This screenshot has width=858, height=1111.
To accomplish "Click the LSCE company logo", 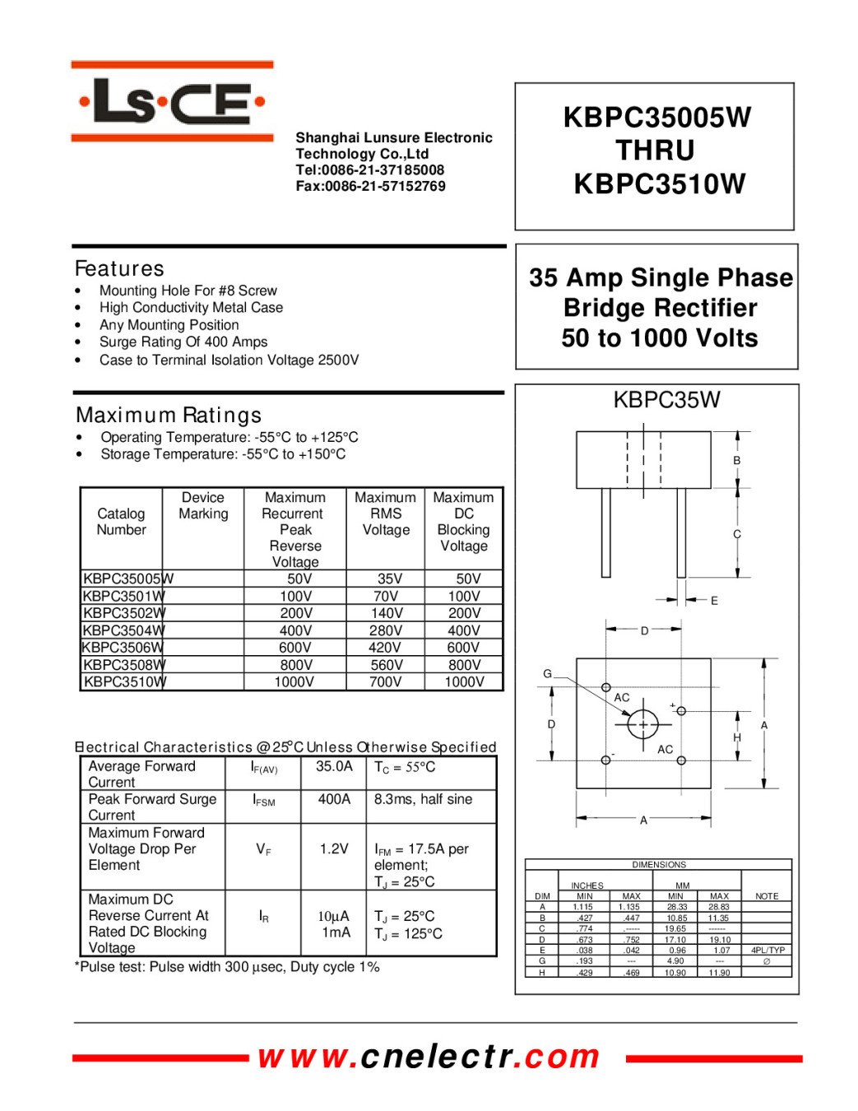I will coord(172,102).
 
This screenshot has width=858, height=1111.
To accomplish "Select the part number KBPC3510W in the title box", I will coord(659,184).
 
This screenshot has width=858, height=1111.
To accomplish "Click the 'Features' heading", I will coord(119,268).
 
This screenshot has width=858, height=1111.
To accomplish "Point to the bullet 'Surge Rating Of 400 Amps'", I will coord(183,342).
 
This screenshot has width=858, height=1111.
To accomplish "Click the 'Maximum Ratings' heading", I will coord(169,415).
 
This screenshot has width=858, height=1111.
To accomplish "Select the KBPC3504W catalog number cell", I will coord(123,630).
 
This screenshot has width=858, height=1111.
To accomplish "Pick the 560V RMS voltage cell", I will coord(385,665).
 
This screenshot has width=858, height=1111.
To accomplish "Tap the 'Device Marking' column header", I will coord(203,505).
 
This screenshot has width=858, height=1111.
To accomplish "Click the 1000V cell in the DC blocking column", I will coord(464,681).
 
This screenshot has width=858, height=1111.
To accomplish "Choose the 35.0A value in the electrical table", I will coord(334,766).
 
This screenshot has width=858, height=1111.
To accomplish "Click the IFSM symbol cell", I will coord(264,800).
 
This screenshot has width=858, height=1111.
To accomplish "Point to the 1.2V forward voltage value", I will coord(334,848).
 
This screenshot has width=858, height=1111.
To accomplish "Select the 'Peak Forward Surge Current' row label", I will coord(152,807).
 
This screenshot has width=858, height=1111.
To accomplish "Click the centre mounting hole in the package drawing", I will coord(642,724).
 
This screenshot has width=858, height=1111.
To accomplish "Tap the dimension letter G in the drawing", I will coord(547,674).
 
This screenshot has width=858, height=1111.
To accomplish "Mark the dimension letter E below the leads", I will coord(714,601).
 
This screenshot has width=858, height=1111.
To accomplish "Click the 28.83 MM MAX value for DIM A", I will coord(719,907).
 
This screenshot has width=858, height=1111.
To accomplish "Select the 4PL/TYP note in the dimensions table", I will coord(768,950).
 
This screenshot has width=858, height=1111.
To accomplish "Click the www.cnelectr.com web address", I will coord(429,1057).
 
